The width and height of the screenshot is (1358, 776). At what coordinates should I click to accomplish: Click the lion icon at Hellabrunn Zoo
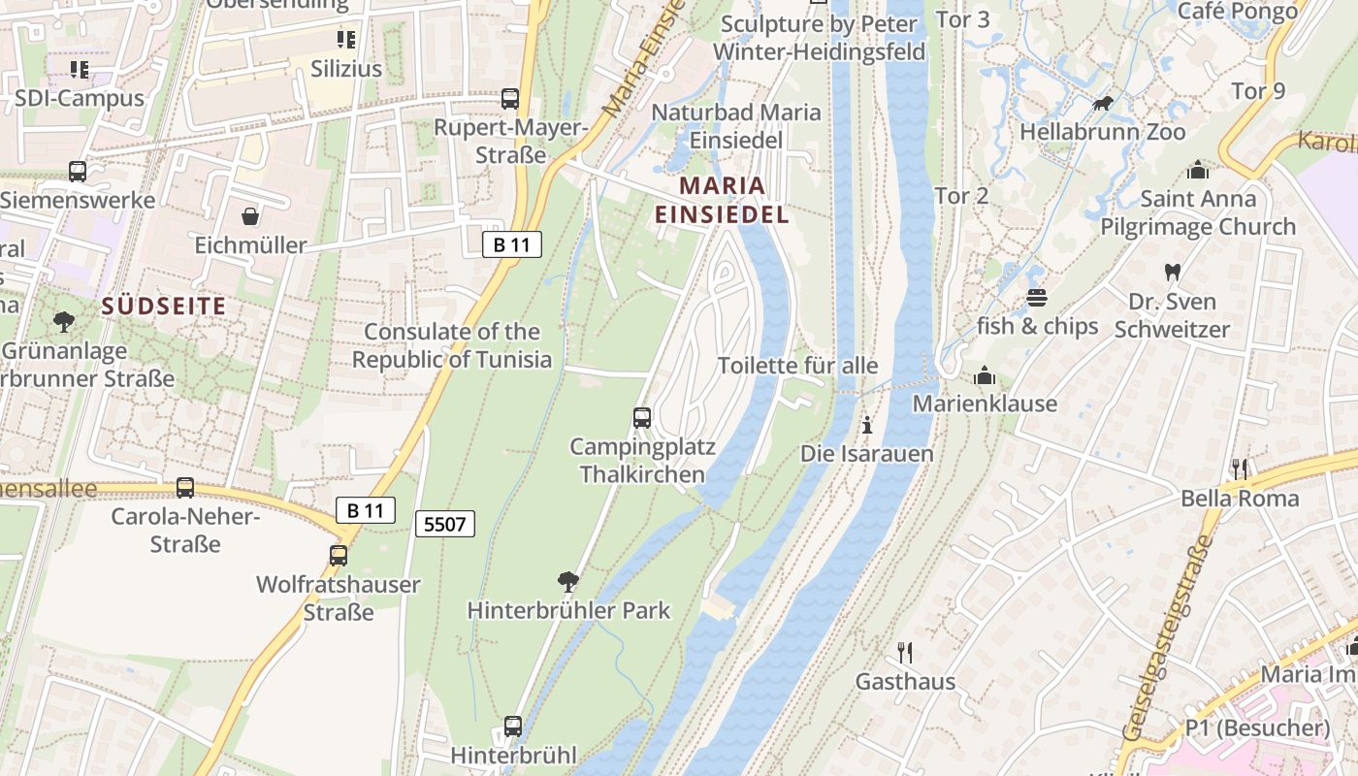[1102, 103]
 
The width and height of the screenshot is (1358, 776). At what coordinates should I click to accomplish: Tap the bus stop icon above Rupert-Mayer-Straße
[510, 99]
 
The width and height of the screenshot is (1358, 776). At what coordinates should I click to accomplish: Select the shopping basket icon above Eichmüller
[250, 215]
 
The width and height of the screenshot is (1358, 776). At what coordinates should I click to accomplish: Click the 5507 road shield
[446, 525]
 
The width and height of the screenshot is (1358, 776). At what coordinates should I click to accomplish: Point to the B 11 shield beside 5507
[366, 510]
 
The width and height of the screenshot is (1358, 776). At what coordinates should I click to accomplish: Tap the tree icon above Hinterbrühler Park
[568, 582]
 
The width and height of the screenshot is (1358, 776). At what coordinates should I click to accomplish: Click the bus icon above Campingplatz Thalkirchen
[642, 418]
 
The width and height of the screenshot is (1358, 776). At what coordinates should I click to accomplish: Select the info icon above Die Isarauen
[867, 425]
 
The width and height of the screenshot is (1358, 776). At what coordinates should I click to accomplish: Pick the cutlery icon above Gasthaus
[905, 652]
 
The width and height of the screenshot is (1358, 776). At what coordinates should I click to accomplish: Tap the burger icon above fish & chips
[1037, 297]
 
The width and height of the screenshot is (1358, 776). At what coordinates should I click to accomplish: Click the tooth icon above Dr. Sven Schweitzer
[1172, 273]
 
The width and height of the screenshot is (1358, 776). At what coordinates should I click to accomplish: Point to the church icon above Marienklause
[985, 374]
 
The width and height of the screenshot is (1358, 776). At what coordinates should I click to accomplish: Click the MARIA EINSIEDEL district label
[722, 200]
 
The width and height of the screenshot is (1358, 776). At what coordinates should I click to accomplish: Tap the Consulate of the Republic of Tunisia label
[452, 345]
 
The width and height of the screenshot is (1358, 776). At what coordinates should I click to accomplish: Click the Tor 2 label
[961, 195]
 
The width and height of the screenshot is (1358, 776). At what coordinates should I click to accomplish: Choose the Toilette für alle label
[797, 366]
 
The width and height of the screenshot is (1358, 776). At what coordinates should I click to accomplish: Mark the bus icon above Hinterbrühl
[513, 727]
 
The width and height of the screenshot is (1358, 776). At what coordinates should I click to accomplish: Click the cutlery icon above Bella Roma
[1240, 469]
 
